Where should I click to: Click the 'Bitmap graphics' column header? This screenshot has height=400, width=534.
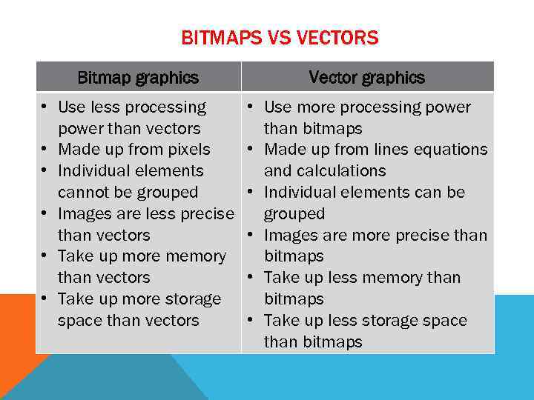[x=138, y=77]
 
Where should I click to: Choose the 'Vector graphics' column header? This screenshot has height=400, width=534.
[x=366, y=77]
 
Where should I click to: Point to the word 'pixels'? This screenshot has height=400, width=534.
[x=188, y=150]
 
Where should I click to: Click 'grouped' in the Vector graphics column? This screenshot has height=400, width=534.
[x=294, y=214]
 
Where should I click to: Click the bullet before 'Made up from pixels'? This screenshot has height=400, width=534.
[x=45, y=150]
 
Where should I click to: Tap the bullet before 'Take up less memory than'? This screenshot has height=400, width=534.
[x=252, y=278]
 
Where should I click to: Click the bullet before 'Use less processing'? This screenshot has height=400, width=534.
[x=45, y=107]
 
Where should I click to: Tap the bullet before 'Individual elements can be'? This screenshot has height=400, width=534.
[x=252, y=193]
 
